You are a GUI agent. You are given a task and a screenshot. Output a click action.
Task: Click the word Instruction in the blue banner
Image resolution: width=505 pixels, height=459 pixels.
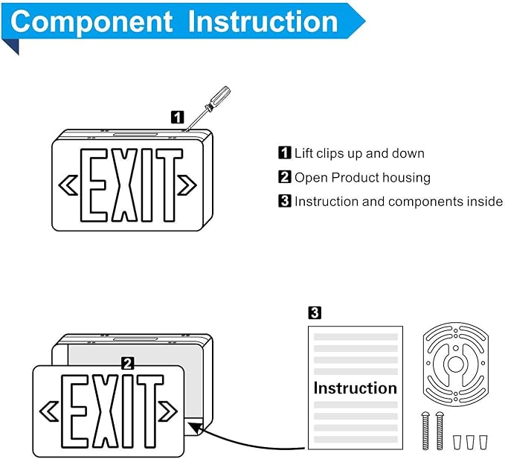tap(263, 22)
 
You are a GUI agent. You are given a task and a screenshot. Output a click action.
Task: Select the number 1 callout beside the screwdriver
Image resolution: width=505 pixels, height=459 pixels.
tap(177, 117)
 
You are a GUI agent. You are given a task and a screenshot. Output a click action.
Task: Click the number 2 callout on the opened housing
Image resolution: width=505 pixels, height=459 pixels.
tap(127, 363)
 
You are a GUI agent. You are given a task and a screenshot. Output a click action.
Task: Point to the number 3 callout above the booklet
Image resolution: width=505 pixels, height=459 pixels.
tap(315, 313)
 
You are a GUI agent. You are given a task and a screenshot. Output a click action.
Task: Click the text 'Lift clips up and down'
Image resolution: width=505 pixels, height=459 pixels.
tap(358, 153)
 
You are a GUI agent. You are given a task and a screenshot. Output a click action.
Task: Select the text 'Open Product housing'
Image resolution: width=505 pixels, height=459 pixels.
tap(361, 177)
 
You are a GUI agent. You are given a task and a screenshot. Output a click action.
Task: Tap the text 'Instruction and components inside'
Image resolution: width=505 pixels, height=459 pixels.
tap(397, 201)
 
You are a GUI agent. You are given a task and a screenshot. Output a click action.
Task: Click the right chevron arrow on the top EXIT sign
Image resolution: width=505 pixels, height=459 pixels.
tap(187, 185)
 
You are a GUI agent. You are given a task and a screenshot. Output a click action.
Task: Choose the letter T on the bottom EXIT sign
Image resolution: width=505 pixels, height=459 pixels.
tap(149, 411)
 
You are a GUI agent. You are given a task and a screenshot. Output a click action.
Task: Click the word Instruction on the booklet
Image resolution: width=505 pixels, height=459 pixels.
tap(355, 388)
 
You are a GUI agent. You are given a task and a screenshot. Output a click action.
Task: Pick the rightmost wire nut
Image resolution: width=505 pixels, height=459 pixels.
tap(483, 441)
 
